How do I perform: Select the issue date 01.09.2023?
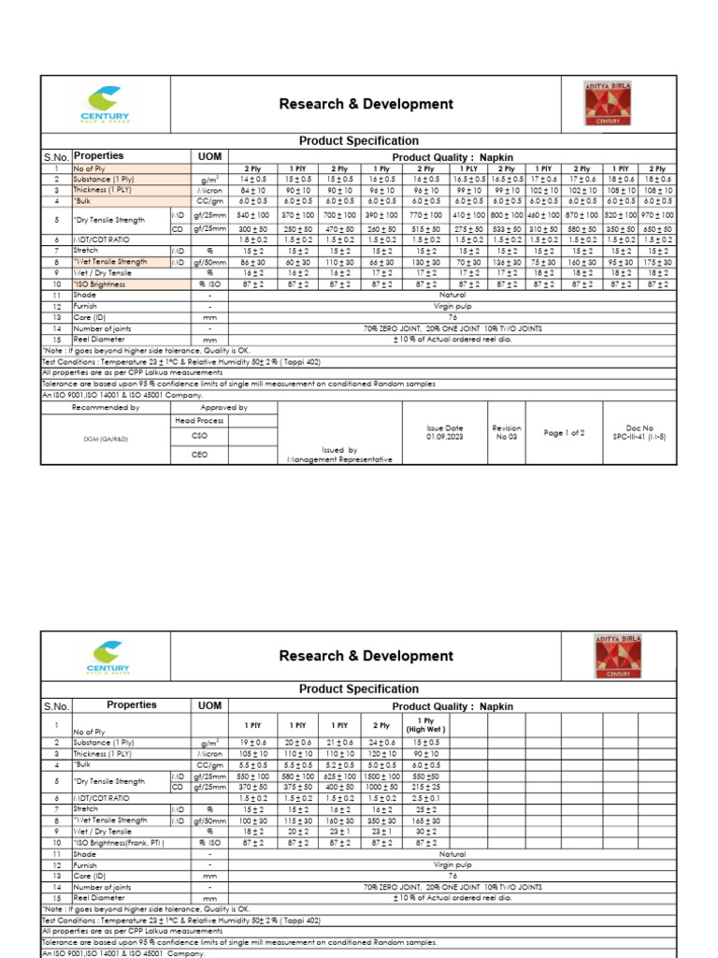click(445, 431)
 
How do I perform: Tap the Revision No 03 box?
click(506, 431)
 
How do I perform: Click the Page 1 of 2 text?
click(564, 433)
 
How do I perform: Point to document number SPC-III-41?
click(639, 436)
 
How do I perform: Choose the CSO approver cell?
click(199, 435)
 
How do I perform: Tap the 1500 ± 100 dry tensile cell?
click(381, 777)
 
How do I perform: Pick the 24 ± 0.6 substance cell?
click(381, 742)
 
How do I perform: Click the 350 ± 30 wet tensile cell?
click(381, 820)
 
